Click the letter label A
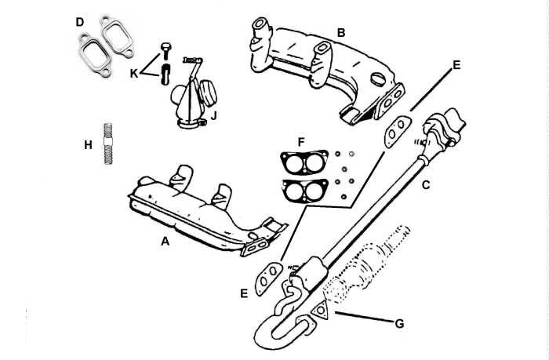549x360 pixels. point(165,242)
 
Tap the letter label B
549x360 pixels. point(341,33)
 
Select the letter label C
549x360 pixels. point(426,186)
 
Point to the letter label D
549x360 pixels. point(80,22)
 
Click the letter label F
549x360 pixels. point(301,141)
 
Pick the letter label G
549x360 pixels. point(399,322)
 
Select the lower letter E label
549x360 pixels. point(245,293)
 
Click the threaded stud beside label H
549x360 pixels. point(108,144)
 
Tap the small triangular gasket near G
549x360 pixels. point(320,312)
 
